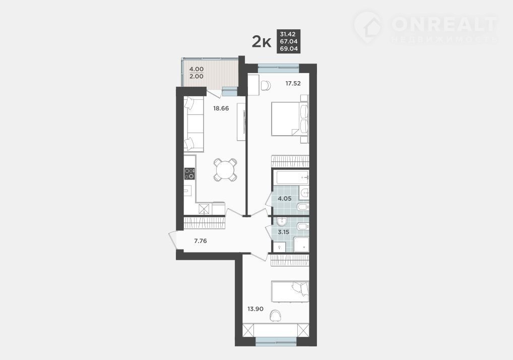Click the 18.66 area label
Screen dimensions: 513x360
[221, 108]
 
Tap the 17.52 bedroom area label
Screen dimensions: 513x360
[293, 84]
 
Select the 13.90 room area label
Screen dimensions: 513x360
[255, 309]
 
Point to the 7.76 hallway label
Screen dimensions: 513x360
[200, 241]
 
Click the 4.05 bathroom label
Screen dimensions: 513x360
[285, 199]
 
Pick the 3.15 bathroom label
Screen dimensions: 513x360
[283, 232]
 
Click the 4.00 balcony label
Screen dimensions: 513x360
[197, 69]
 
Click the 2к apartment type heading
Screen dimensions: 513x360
[262, 42]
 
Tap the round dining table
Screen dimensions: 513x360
[225, 169]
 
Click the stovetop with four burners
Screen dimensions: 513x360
[189, 173]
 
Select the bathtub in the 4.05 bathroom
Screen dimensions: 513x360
[291, 177]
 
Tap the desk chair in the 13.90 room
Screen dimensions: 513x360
[276, 316]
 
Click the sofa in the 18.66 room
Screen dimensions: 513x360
[194, 124]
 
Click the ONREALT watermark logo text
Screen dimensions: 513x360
[444, 24]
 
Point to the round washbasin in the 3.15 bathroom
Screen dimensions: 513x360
[281, 222]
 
